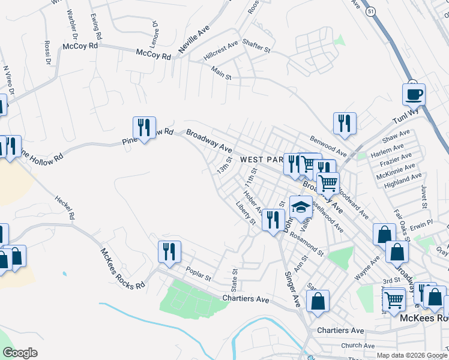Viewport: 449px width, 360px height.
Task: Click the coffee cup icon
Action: [x=414, y=95]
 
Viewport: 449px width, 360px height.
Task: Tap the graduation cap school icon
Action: [x=301, y=208]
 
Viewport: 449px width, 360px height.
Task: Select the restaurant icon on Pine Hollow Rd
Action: [x=144, y=128]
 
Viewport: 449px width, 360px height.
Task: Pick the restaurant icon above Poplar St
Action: [x=169, y=252]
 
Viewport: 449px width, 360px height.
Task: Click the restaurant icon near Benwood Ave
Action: [x=345, y=124]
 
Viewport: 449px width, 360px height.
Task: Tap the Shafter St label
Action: [x=257, y=44]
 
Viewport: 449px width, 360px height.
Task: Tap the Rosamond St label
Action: [x=306, y=244]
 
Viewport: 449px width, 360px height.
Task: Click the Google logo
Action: [x=20, y=353]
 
